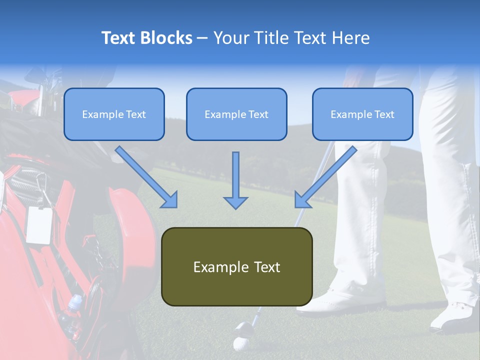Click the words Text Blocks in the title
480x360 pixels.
pyautogui.click(x=146, y=38)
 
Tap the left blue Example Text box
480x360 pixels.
pyautogui.click(x=114, y=114)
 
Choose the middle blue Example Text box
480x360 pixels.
pyautogui.click(x=236, y=114)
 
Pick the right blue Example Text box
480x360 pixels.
pyautogui.click(x=362, y=114)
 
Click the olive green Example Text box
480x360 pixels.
pyautogui.click(x=236, y=266)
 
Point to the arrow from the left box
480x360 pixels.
pyautogui.click(x=145, y=175)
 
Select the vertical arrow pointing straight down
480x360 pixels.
pyautogui.click(x=235, y=180)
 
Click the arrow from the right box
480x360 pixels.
pyautogui.click(x=327, y=175)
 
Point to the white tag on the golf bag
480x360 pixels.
pyautogui.click(x=39, y=224)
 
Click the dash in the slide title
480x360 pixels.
pyautogui.click(x=202, y=38)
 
